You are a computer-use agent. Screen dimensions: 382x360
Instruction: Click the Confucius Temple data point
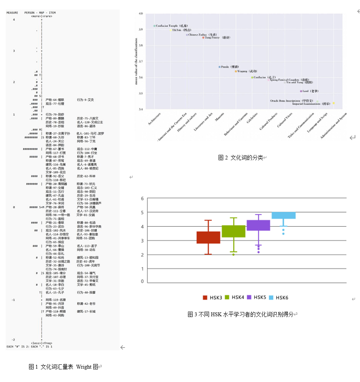coord(154,26)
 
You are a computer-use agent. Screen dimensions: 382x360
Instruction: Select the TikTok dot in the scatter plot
coord(170,30)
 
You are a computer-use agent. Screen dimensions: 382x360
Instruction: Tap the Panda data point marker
coord(220,67)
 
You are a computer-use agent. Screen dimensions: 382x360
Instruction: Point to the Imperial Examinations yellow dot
coord(334,103)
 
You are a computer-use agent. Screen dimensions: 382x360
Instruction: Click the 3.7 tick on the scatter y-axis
coord(141,61)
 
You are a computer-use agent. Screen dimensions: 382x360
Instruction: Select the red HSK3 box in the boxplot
coord(208,237)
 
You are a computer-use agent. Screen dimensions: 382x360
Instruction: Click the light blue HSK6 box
coord(283,215)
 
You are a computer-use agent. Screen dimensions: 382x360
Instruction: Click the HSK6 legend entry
coord(278,297)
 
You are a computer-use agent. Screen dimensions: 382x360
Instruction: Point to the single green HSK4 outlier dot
coord(233,255)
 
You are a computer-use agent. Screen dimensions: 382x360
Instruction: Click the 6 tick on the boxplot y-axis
coord(142,198)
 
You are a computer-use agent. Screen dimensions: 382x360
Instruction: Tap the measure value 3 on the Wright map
coord(14,51)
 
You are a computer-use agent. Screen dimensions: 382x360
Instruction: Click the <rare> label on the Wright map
coord(47,16)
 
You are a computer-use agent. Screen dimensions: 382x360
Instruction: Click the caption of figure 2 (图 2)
coord(242,158)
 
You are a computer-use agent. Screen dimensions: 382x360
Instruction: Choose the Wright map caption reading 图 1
coord(64,367)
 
